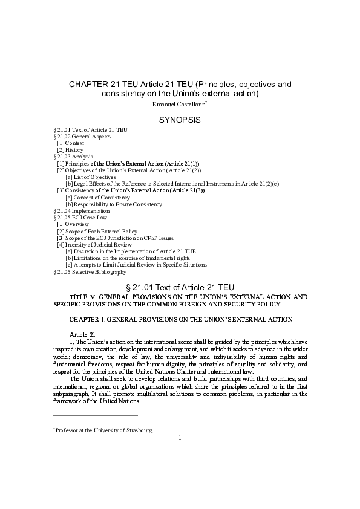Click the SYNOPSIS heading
click(180, 120)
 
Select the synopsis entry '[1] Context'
click(71, 143)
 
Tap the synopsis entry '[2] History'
click(70, 150)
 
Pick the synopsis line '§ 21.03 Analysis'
click(74, 157)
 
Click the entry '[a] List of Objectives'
click(91, 177)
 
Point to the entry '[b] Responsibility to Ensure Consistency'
click(114, 204)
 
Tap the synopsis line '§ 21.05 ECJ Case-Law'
click(80, 218)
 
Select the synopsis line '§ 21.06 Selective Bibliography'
click(90, 272)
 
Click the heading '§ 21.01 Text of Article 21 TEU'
click(180, 287)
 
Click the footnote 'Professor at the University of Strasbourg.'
click(104, 430)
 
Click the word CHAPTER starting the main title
click(89, 84)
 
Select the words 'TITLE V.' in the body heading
click(82, 297)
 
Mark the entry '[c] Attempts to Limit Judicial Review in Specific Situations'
click(136, 265)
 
